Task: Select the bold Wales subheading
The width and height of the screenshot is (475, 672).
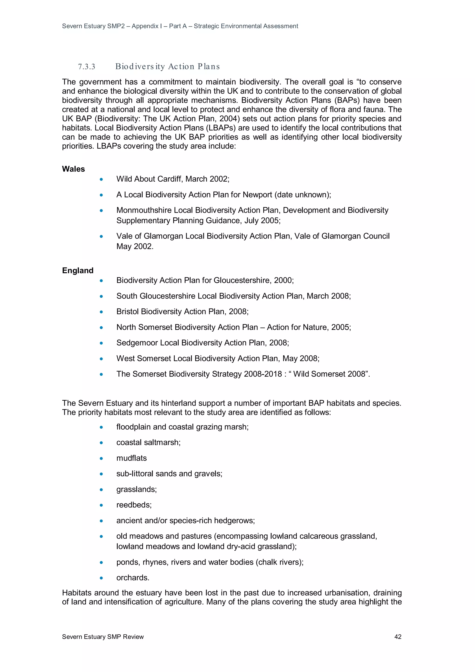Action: (x=73, y=169)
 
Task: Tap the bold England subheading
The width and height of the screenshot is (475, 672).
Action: (x=77, y=270)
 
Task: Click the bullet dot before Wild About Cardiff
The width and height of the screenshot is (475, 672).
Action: (x=101, y=179)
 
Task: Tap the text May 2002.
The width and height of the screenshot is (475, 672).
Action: (x=135, y=246)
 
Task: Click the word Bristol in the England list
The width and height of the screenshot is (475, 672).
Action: (x=128, y=312)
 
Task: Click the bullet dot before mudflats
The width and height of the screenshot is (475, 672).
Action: (x=101, y=458)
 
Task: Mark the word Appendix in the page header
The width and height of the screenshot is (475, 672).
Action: (x=145, y=26)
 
